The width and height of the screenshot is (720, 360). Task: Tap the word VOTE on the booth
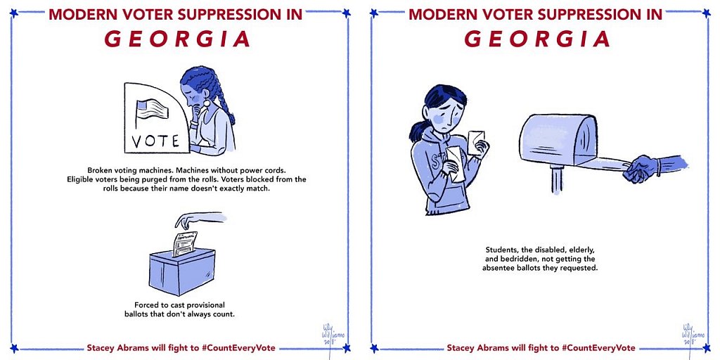[x=155, y=141]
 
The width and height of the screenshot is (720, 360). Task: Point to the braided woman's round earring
[x=207, y=103]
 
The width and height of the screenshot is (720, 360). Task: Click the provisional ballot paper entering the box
[x=185, y=243]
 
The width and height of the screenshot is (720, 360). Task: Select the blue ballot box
[x=182, y=271]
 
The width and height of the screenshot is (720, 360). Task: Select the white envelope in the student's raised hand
[x=476, y=142]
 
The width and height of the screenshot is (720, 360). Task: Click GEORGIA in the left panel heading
[x=177, y=39]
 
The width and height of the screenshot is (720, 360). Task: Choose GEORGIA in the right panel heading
[x=537, y=39]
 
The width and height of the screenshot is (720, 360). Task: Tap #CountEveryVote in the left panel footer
[x=239, y=347]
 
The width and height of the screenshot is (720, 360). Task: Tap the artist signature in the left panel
[x=330, y=333]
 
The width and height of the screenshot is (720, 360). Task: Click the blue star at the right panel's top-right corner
[x=706, y=13]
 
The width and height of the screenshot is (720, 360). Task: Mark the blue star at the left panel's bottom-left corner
[x=13, y=347]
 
